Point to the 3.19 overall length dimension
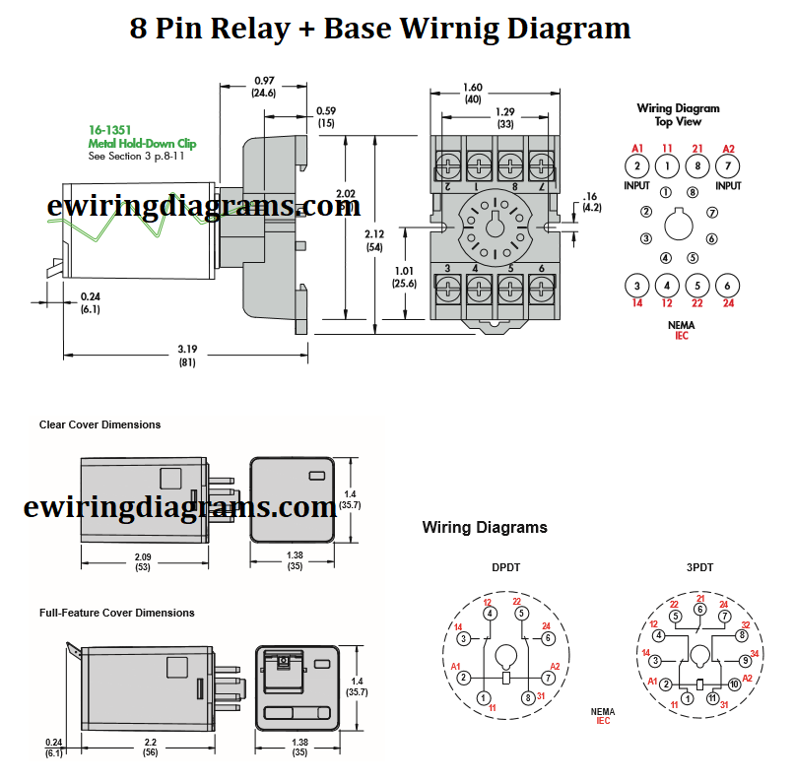tap(186, 348)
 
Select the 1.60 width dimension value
tap(474, 87)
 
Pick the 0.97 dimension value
tap(264, 80)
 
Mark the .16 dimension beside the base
tap(591, 196)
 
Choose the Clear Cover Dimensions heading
tap(99, 424)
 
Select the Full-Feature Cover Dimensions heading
tap(116, 613)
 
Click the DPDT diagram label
tap(506, 567)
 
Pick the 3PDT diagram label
tap(700, 567)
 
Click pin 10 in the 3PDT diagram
tap(733, 684)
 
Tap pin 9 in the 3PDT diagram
tap(745, 660)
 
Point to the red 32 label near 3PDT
tap(746, 624)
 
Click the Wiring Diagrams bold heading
tap(485, 527)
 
